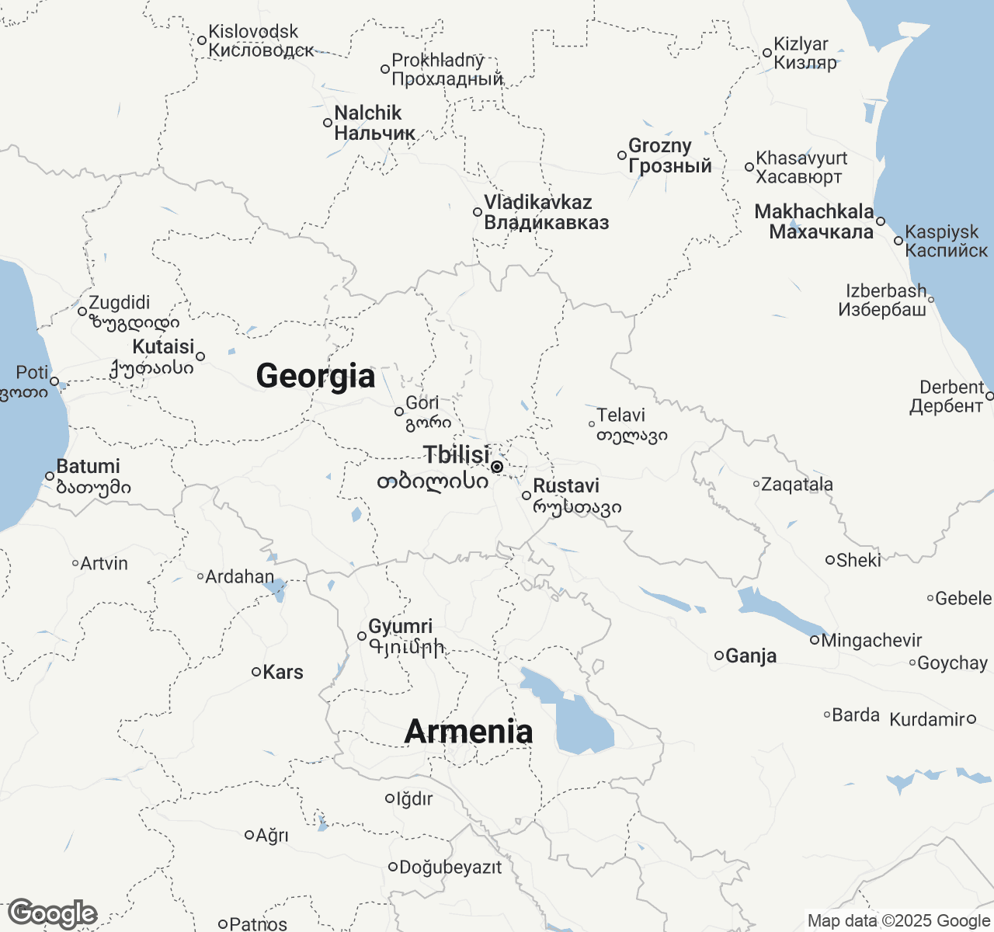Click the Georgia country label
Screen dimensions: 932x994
pos(315,376)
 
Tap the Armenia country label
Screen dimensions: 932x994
pos(469,732)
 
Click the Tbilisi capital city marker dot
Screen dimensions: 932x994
pos(497,466)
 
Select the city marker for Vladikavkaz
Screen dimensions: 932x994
pos(478,212)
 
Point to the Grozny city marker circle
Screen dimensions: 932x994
pos(622,155)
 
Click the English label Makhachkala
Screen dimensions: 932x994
pos(814,211)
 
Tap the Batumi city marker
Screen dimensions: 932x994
pos(50,476)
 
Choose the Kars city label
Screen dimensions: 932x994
pos(283,672)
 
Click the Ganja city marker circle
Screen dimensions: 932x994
pos(719,656)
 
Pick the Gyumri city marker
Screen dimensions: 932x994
pos(362,636)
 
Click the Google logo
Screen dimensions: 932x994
pos(53,913)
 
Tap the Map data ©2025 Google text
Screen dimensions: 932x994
pos(898,921)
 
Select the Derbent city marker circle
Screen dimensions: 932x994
pos(989,396)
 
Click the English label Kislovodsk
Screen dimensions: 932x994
pos(254,32)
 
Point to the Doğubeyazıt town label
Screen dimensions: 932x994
pos(450,867)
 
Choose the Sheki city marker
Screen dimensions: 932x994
pos(829,559)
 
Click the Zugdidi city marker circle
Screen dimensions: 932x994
pos(82,311)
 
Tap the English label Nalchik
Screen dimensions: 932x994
pos(368,113)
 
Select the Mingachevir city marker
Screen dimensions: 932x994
pos(815,640)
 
